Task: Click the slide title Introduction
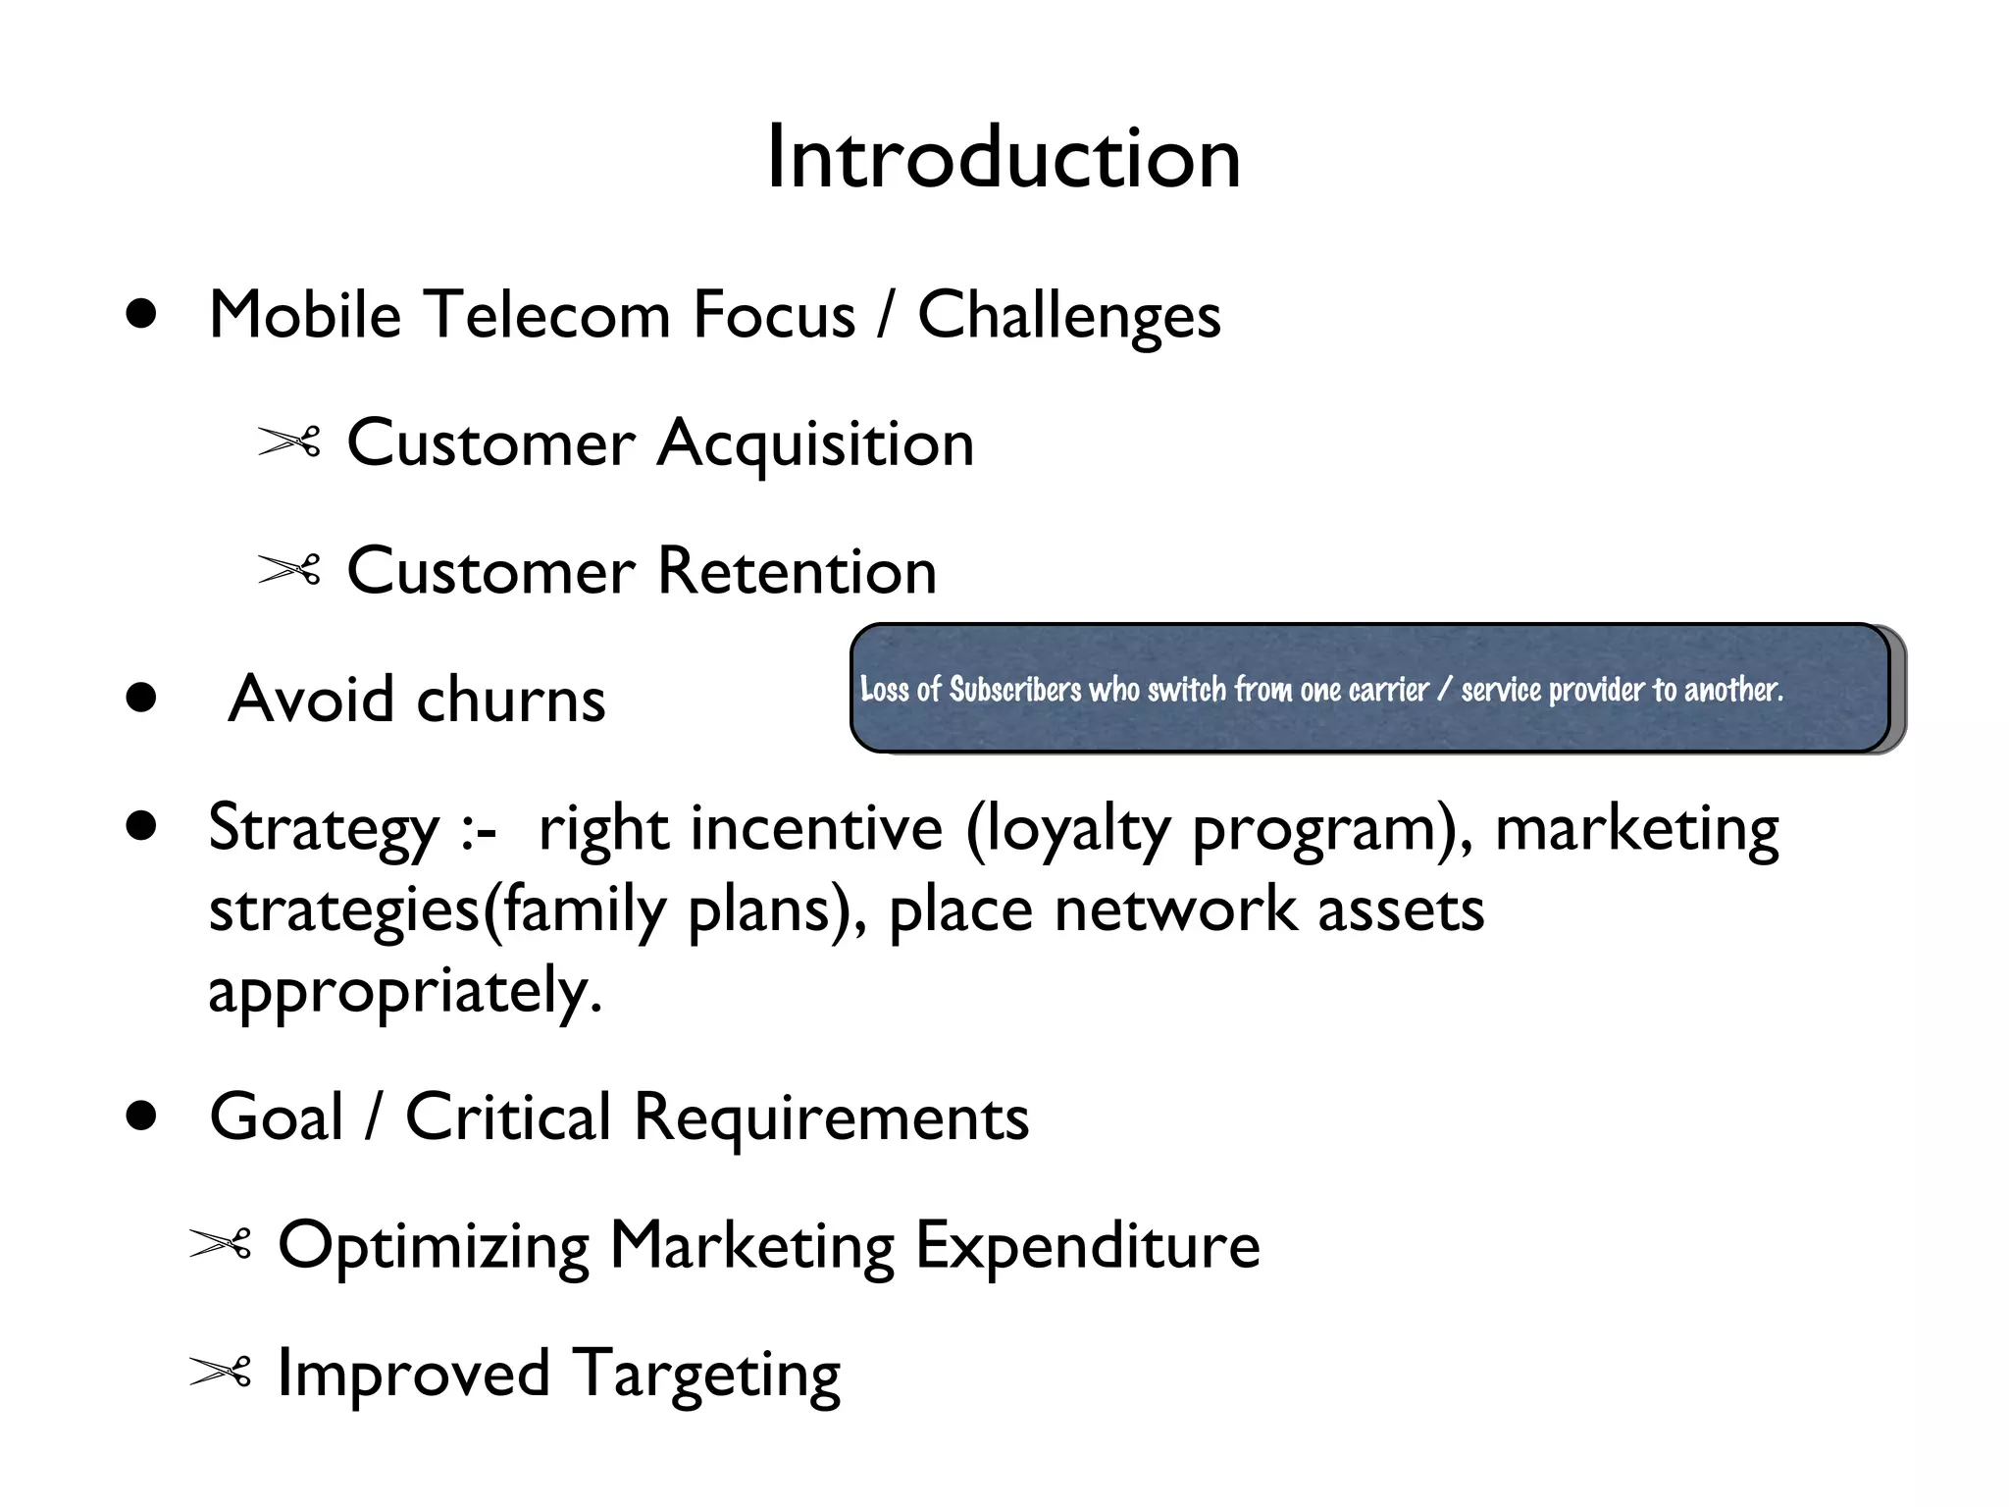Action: pos(1003,159)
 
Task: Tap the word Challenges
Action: pos(1068,316)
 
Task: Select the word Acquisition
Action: pos(815,443)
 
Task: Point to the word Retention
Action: pos(797,571)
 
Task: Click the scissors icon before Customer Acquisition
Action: pos(289,442)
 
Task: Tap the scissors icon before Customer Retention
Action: pos(289,570)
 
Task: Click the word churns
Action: pos(511,700)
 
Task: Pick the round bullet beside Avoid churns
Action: pos(142,698)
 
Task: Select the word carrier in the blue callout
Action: pos(1388,690)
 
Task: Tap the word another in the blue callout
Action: pos(1732,690)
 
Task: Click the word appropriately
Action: pos(404,991)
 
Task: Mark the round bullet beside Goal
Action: pos(142,1117)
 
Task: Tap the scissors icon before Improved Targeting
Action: pos(221,1373)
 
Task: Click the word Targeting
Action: pos(705,1375)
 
